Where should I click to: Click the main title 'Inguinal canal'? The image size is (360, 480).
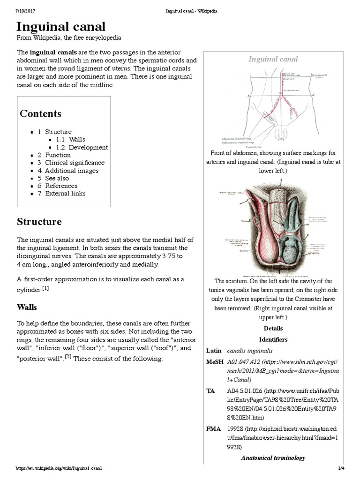coord(61,26)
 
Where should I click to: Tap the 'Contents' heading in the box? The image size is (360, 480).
coord(40,113)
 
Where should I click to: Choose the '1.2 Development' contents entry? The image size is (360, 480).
coord(82,147)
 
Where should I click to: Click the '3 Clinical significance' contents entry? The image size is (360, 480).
coord(71,163)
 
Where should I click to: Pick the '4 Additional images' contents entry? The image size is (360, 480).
coord(68,171)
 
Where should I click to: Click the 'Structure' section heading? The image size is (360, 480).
coord(39,221)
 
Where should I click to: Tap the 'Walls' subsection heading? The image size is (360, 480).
coord(27,307)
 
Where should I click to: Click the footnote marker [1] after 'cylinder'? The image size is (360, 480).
coord(45,288)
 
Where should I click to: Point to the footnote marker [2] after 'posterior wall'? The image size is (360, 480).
coord(68,357)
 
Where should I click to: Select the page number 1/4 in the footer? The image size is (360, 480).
coord(341,468)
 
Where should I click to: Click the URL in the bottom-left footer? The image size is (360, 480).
coord(59,468)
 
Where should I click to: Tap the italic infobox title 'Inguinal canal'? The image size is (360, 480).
coord(273,59)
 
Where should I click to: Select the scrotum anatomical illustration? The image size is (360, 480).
coord(273,232)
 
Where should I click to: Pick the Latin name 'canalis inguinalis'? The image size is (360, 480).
coord(249,351)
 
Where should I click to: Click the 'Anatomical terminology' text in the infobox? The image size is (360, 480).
coord(273,457)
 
